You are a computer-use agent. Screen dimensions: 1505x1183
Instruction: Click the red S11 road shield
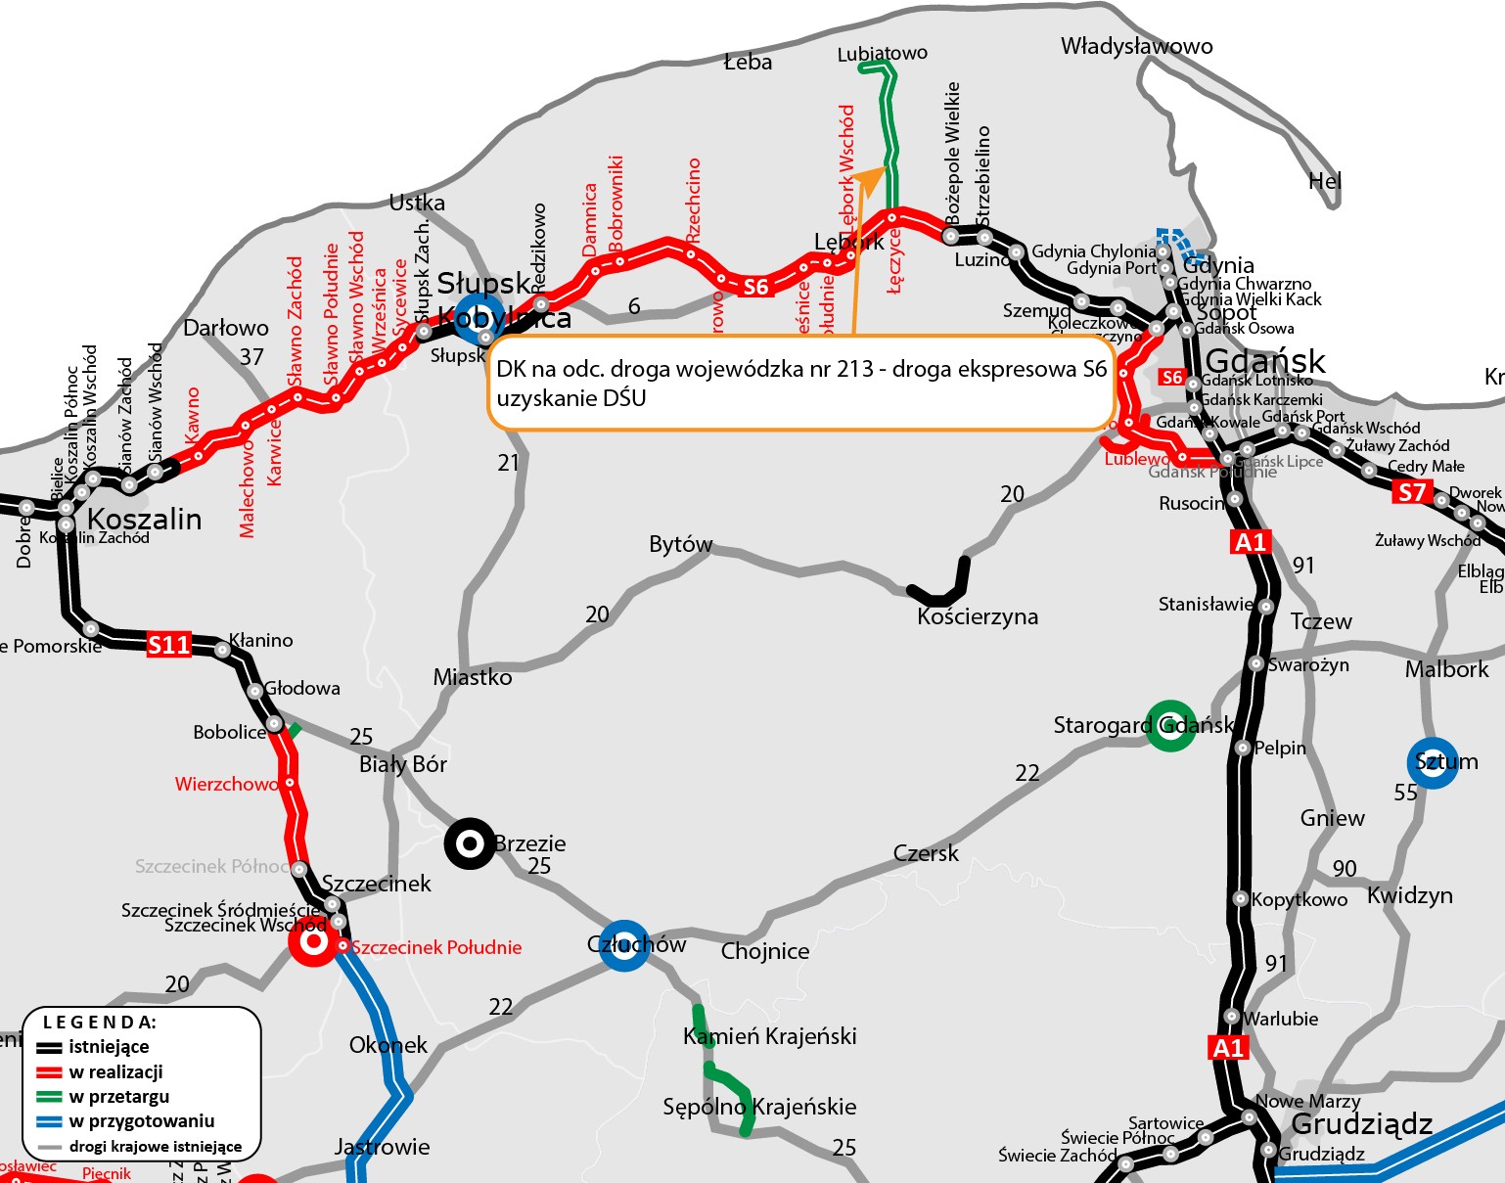coord(168,645)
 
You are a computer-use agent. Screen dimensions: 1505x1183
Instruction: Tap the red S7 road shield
coord(1411,492)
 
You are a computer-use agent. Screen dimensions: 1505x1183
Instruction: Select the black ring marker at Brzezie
coord(470,843)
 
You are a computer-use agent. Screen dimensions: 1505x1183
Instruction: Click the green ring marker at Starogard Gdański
coord(1169,726)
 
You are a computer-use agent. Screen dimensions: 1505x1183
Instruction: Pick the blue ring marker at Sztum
coord(1432,762)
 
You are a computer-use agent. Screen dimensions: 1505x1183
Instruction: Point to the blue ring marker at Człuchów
coord(623,945)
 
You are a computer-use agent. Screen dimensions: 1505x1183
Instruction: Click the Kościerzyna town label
coord(978,617)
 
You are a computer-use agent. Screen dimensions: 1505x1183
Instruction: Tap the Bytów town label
coord(681,544)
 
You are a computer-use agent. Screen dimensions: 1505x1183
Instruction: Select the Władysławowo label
coord(1136,46)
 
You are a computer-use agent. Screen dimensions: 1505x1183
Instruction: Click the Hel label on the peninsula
coord(1325,181)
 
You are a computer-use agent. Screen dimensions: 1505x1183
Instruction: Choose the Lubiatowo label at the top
coord(882,53)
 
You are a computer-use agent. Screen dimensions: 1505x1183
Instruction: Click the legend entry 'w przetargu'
coord(118,1097)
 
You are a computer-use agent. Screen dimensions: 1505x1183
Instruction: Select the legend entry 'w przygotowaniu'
coord(141,1121)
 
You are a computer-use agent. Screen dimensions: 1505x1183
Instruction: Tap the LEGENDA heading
coord(99,1023)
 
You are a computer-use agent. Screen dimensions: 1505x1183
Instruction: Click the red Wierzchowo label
coord(226,784)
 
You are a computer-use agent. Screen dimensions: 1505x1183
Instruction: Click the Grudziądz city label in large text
coord(1361,1124)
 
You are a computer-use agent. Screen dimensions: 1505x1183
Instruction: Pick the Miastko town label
coord(473,677)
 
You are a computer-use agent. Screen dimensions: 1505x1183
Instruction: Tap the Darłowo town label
coord(226,328)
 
